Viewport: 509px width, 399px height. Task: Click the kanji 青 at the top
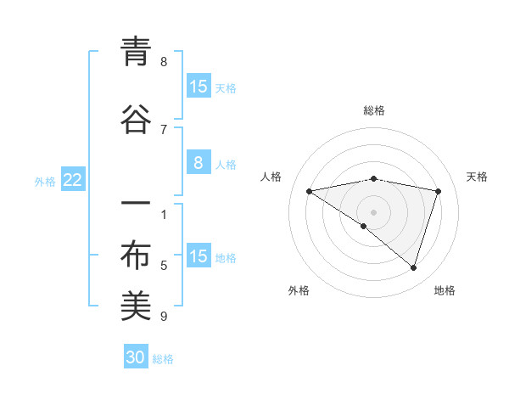point(136,53)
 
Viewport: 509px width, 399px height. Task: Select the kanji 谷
point(136,121)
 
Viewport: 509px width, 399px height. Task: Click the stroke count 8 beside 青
point(164,61)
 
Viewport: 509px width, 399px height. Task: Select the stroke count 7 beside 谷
point(164,129)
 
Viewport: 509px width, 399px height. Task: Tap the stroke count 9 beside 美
point(164,317)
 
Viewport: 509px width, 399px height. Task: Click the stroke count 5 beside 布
point(164,266)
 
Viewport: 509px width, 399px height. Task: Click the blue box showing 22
point(72,180)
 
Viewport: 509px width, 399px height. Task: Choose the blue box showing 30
point(136,357)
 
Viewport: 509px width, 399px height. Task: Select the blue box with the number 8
point(198,163)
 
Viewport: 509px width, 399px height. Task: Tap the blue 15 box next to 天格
point(198,87)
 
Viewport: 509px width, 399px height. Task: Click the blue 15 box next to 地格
point(198,256)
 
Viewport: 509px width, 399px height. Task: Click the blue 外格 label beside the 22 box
point(45,182)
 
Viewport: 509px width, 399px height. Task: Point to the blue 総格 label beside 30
point(164,360)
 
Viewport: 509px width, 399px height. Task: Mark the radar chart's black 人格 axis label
point(271,177)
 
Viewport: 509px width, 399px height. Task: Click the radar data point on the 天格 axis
point(438,191)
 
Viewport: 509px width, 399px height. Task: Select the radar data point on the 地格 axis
point(413,267)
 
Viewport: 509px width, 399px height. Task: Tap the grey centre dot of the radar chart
point(373,211)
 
